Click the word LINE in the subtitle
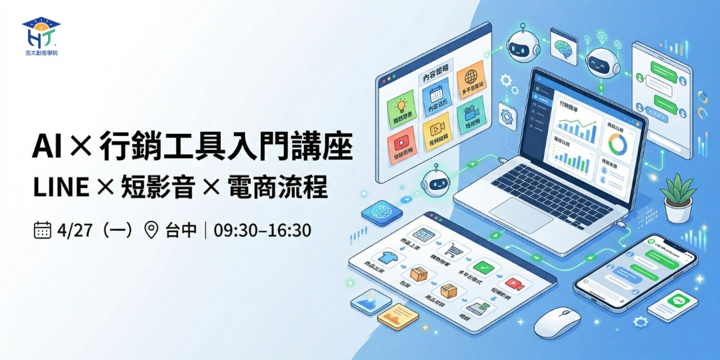[61, 188]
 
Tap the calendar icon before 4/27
[43, 231]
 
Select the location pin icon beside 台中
[151, 231]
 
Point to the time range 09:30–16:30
[263, 231]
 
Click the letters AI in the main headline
[47, 147]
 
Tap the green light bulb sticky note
[401, 105]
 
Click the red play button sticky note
[401, 142]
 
